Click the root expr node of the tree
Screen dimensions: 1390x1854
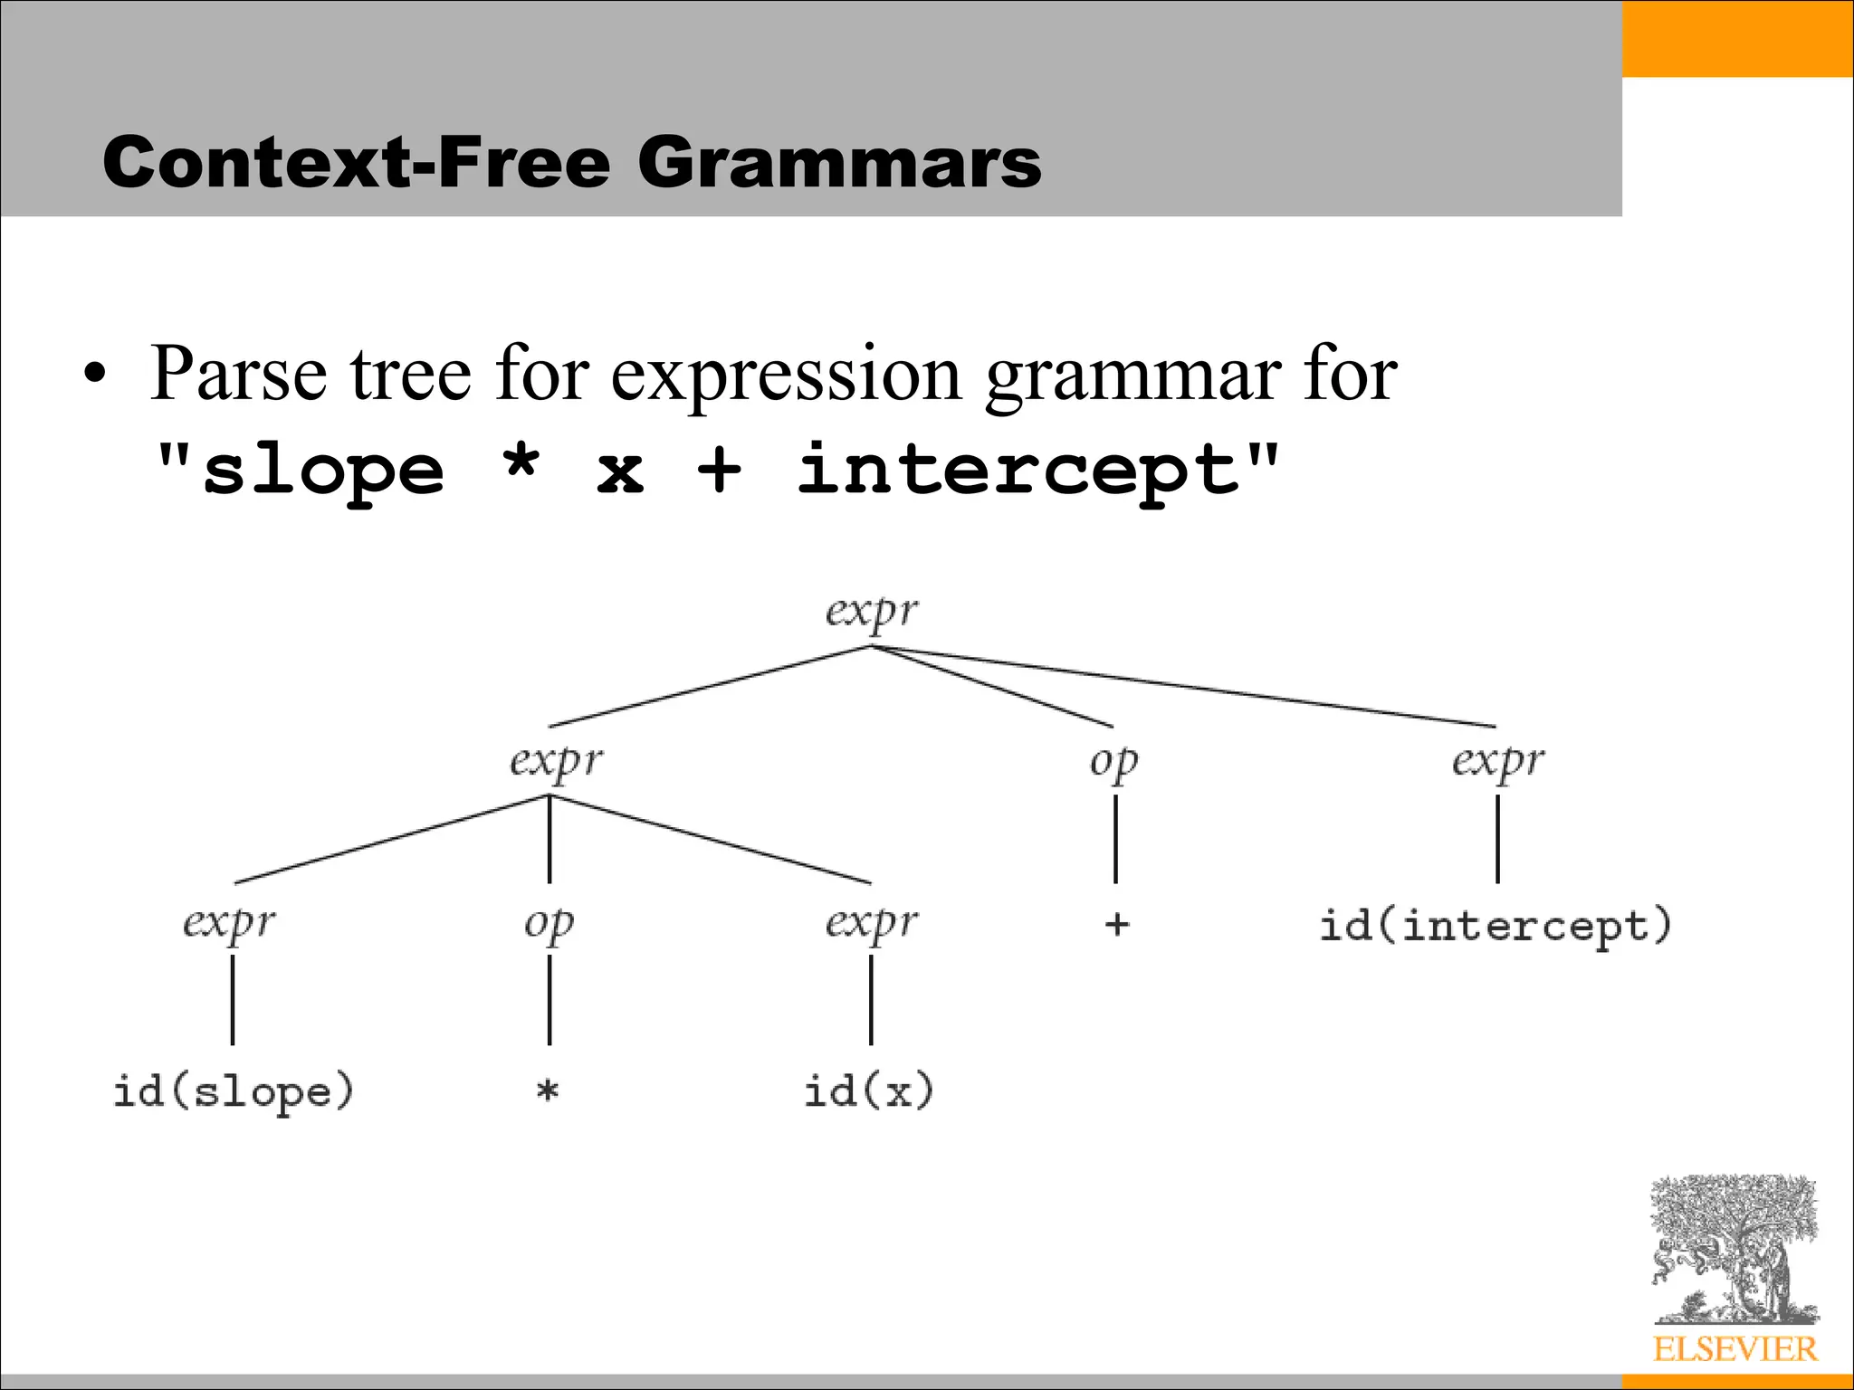[x=871, y=613]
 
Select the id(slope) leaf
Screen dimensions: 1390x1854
[x=233, y=1091]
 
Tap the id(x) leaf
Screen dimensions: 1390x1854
[x=868, y=1091]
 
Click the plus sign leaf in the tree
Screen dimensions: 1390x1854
[x=1116, y=925]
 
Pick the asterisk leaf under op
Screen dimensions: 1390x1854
[x=548, y=1091]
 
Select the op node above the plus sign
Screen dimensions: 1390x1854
[x=1113, y=762]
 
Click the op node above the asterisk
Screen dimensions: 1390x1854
[x=549, y=924]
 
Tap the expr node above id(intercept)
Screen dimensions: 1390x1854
[x=1498, y=762]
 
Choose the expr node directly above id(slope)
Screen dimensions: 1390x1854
[x=229, y=924]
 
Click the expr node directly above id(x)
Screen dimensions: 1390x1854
[x=872, y=924]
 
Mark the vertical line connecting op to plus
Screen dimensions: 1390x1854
[x=1115, y=839]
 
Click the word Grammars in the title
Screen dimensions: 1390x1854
[x=839, y=163]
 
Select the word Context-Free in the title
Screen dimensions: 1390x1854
[x=357, y=163]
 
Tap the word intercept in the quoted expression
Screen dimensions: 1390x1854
[x=1020, y=471]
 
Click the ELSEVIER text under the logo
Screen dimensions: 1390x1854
[x=1735, y=1349]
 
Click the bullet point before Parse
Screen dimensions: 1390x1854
[x=95, y=375]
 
